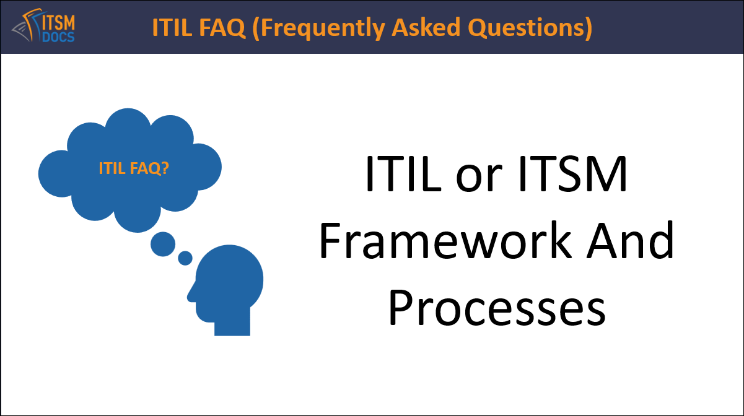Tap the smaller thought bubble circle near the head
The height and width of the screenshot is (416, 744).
pos(185,258)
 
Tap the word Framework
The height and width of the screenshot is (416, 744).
pos(444,242)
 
